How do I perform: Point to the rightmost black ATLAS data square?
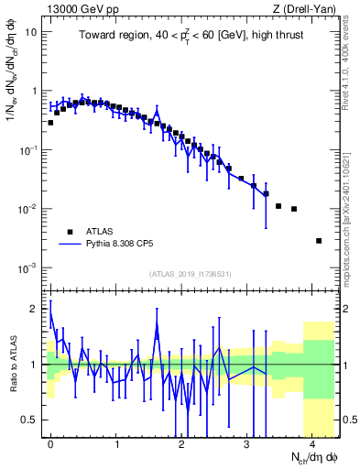[x=318, y=241]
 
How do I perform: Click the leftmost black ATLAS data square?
[x=50, y=122]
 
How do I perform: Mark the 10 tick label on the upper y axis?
[x=30, y=32]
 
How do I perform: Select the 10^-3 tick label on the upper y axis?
[x=27, y=267]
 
